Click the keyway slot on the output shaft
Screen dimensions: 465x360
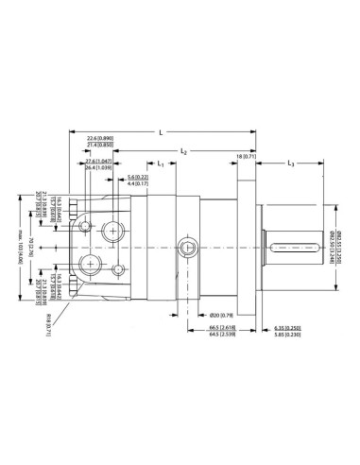(296, 247)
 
